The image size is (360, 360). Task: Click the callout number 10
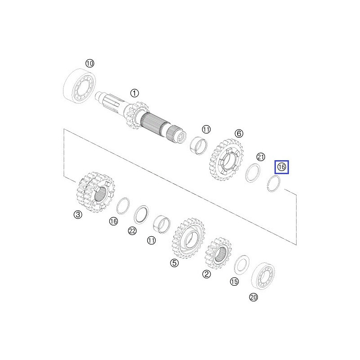coord(90,63)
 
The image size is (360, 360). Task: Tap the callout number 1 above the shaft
coord(134,93)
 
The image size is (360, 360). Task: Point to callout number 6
coord(238,133)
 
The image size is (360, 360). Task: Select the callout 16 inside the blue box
coord(282,167)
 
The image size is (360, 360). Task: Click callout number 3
coord(78,215)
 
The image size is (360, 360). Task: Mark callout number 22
coord(132,231)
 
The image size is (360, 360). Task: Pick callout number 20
coord(253,297)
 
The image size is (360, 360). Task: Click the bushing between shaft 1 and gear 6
coord(198,146)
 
